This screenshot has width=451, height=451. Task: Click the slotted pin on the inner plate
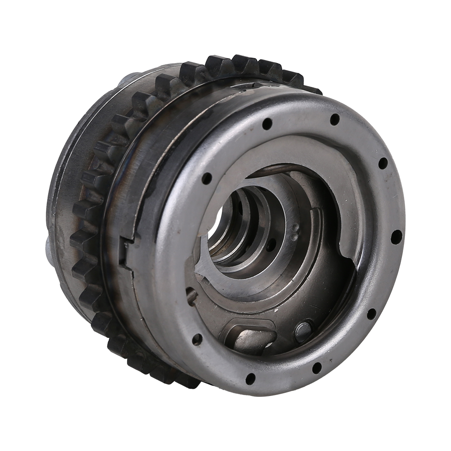(x=191, y=296)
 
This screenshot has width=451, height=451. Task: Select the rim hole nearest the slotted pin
(x=197, y=340)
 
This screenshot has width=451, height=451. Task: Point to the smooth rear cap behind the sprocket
(x=72, y=180)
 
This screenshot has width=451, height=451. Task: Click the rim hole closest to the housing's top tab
(x=267, y=123)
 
